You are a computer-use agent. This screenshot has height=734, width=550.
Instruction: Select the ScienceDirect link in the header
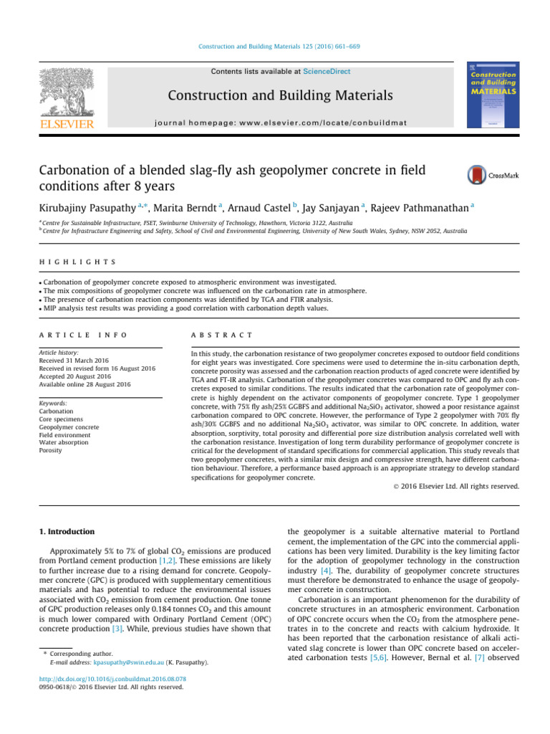(327, 72)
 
